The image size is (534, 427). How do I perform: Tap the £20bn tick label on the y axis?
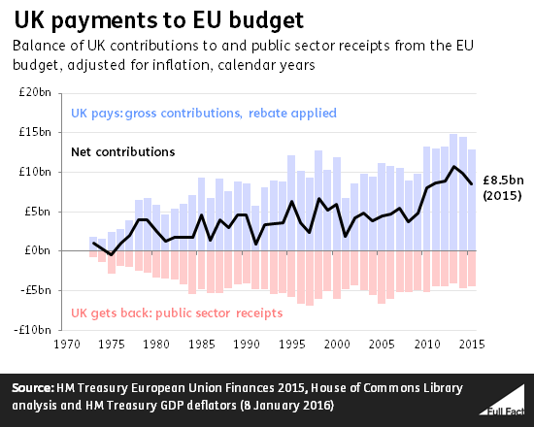[36, 91]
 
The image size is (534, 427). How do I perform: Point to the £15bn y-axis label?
[36, 131]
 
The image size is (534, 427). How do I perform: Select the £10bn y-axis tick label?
[36, 171]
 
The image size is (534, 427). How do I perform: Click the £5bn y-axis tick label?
[39, 211]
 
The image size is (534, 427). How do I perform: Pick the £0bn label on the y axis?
[39, 250]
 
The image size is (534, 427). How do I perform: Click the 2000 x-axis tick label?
[337, 344]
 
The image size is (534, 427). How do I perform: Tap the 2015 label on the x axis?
[473, 344]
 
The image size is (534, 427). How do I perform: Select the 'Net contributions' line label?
[123, 152]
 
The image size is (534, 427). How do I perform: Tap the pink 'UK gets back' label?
[177, 312]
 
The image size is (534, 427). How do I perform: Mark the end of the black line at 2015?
[473, 183]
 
